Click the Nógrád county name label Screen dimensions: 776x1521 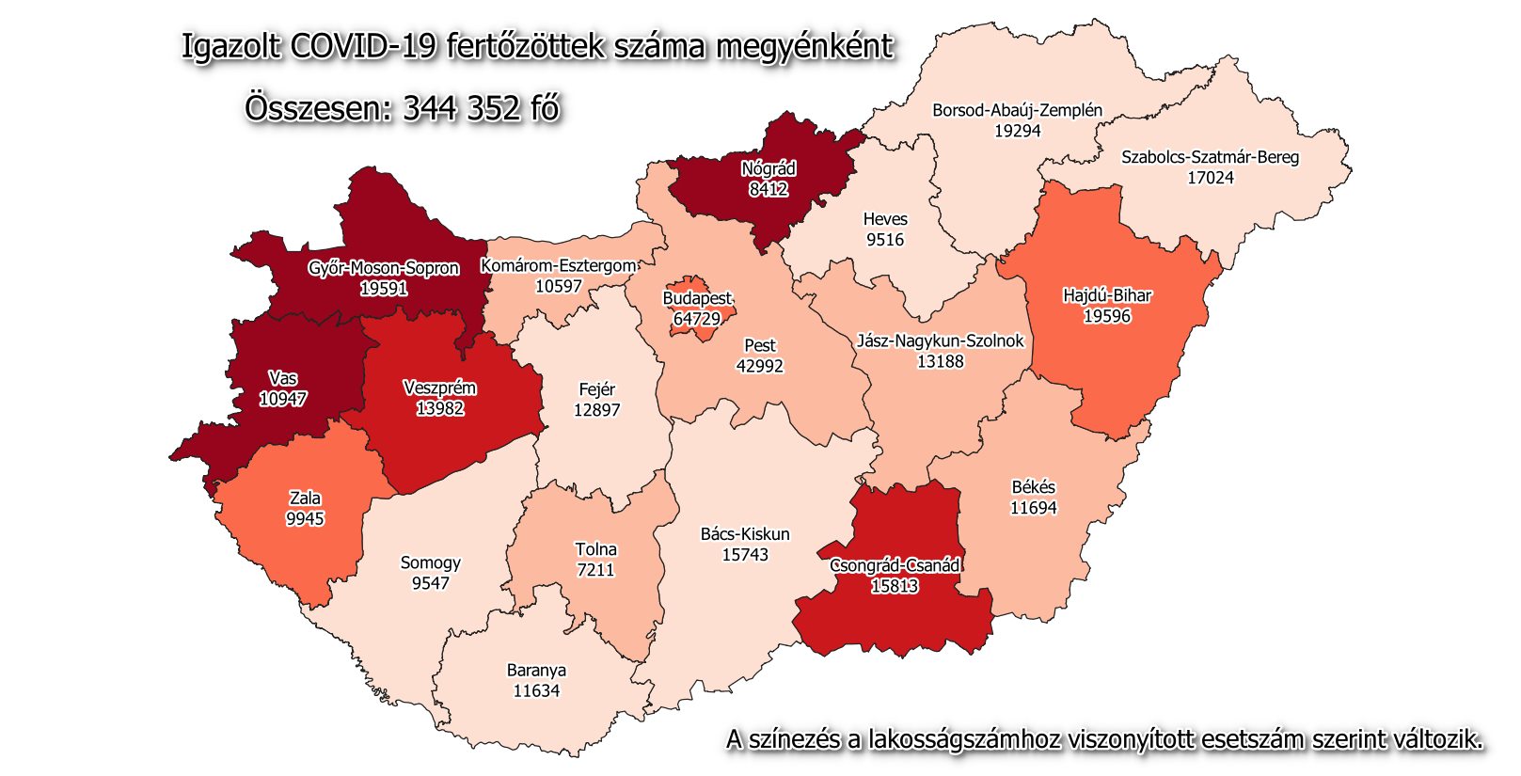coord(768,168)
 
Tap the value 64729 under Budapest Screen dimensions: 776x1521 coord(696,319)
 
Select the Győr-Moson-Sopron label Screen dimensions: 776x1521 coord(384,268)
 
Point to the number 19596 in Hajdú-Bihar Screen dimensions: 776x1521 coord(1107,316)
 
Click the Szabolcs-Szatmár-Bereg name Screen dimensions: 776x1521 coord(1210,157)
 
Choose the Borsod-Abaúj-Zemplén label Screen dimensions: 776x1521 coord(1017,110)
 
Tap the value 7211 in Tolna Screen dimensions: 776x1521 coord(595,570)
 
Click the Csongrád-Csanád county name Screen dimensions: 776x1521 coord(895,565)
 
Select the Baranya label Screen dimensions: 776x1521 coord(536,671)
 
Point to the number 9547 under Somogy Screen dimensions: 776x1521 coord(430,583)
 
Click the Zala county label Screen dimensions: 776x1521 coord(305,499)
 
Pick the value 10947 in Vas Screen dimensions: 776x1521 coord(283,399)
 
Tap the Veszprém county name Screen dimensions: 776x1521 coord(439,388)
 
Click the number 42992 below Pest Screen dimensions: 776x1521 coord(759,366)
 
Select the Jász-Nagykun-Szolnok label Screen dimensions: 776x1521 coord(940,340)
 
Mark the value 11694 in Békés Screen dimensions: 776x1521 coord(1033,508)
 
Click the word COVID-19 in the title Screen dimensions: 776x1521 coord(363,47)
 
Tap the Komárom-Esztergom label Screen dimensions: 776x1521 coord(559,266)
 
